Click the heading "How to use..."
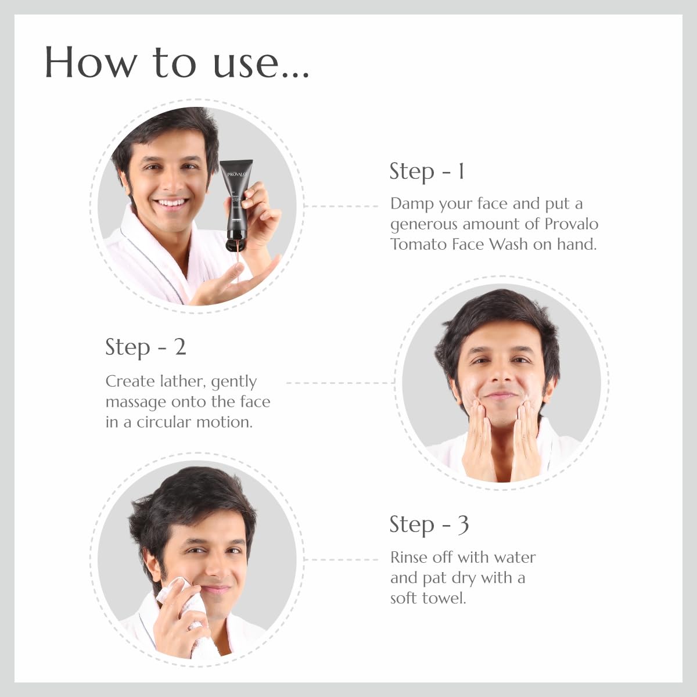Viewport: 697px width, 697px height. pyautogui.click(x=177, y=63)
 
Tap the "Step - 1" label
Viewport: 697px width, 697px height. pyautogui.click(x=427, y=171)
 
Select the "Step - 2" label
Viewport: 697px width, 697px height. pyautogui.click(x=146, y=347)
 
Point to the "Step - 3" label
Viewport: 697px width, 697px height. pyautogui.click(x=429, y=525)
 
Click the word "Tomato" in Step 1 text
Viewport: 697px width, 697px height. pyautogui.click(x=418, y=245)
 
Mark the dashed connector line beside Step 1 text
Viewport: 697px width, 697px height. pyautogui.click(x=341, y=206)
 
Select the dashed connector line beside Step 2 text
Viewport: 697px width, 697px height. pyautogui.click(x=340, y=383)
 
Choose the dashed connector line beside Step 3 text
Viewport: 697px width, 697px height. pyautogui.click(x=341, y=559)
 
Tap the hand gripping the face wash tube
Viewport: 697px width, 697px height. pyautogui.click(x=257, y=213)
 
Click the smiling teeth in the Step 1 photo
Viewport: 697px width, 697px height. pyautogui.click(x=171, y=203)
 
